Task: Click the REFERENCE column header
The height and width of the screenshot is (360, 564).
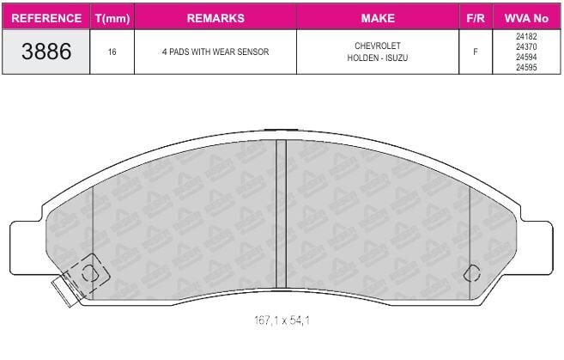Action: (46, 18)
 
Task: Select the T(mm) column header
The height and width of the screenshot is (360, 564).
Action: (112, 18)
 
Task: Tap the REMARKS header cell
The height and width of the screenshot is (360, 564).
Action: (215, 18)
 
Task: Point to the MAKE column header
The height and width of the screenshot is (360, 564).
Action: (378, 18)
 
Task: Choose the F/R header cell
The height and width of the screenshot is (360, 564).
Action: (476, 18)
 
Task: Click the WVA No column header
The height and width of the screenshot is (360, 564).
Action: (526, 18)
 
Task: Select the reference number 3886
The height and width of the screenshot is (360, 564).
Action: (46, 52)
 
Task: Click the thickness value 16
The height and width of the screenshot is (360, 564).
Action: (112, 52)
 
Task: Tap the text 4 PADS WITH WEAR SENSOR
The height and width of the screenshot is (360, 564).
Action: (215, 52)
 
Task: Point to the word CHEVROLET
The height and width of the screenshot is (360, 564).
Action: (378, 46)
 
